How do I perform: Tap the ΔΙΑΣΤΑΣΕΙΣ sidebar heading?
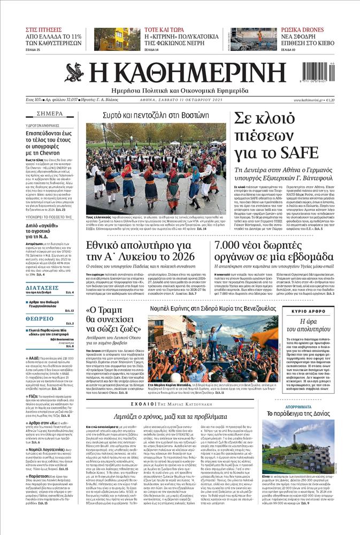[x=42, y=287]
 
